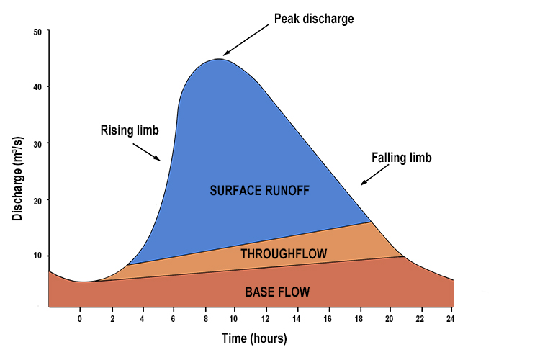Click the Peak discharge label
pos(314,19)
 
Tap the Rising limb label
pos(129,130)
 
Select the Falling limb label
pos(401,158)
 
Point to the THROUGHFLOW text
pos(284,253)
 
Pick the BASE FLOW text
pos(277,292)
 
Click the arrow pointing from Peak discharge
pos(247,43)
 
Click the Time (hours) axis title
pos(254,338)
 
